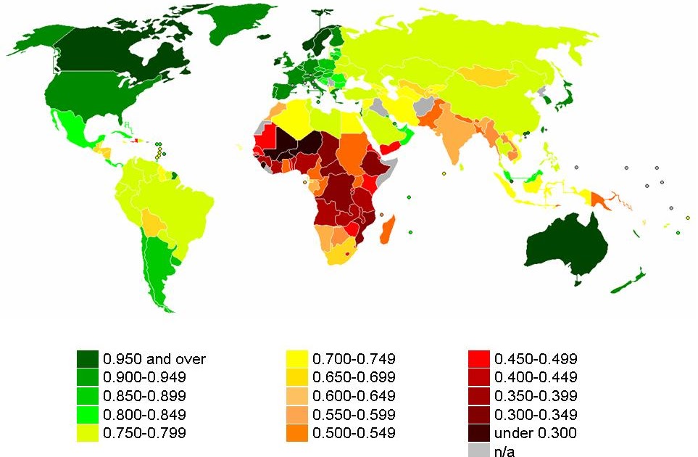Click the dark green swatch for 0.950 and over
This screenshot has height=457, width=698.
pos(87,358)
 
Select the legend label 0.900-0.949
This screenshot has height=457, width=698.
pos(144,377)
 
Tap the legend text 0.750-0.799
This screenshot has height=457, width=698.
pos(144,433)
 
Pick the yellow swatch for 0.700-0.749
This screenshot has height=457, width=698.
pos(298,358)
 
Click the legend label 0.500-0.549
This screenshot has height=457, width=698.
pos(354,433)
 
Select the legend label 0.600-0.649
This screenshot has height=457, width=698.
pos(354,396)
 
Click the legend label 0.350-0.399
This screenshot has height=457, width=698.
pos(536,396)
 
